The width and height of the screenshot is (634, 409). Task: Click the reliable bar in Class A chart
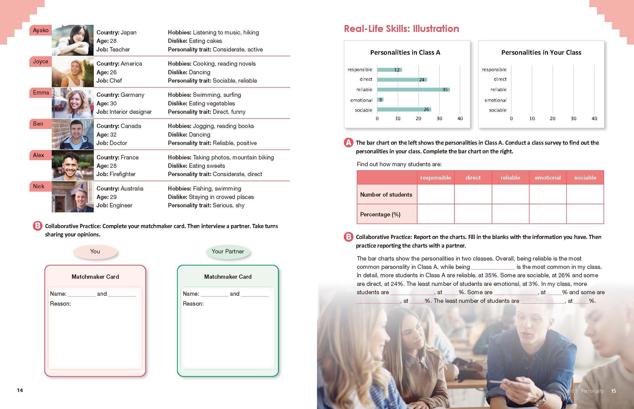pyautogui.click(x=413, y=90)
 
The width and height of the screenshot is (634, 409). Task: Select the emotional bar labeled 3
pyautogui.click(x=380, y=100)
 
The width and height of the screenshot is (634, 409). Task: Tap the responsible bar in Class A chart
pyautogui.click(x=389, y=70)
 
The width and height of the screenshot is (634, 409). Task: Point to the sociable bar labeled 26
pyautogui.click(x=404, y=109)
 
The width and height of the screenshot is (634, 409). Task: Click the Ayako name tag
pyautogui.click(x=41, y=30)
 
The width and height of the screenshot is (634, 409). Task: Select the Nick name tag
pyautogui.click(x=39, y=187)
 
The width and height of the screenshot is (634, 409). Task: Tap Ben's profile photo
pyautogui.click(x=73, y=134)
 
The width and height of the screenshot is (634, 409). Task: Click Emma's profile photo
pyautogui.click(x=73, y=103)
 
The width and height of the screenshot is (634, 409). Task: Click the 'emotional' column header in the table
pyautogui.click(x=548, y=178)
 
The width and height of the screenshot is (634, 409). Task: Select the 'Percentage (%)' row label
pyautogui.click(x=380, y=214)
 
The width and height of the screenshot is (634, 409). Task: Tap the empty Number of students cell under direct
pyautogui.click(x=473, y=194)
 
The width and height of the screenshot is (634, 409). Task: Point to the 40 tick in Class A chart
pyautogui.click(x=460, y=118)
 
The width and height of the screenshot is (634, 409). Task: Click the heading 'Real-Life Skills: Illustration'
pyautogui.click(x=401, y=29)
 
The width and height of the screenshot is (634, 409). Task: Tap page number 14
pyautogui.click(x=20, y=390)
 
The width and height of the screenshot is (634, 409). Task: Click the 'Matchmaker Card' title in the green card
pyautogui.click(x=228, y=277)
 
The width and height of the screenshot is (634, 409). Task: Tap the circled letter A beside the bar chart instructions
pyautogui.click(x=348, y=143)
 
